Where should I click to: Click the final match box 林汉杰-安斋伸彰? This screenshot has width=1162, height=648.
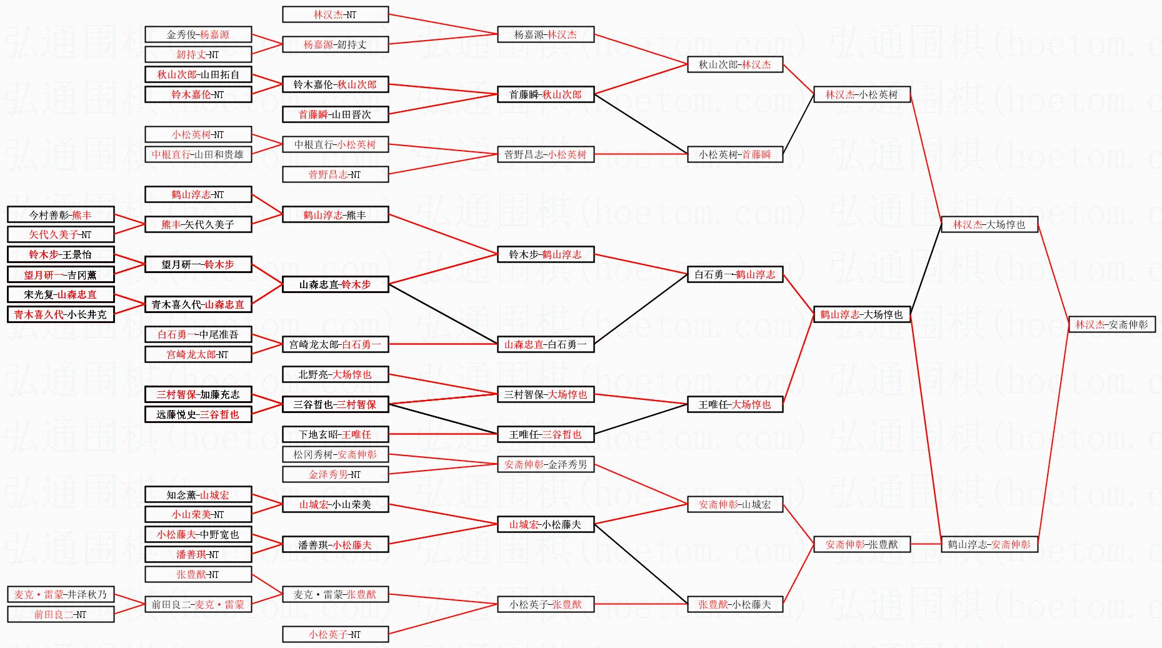coord(1111,324)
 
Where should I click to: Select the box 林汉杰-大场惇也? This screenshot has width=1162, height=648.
coord(989,224)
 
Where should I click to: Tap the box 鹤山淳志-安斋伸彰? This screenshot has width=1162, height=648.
coord(989,544)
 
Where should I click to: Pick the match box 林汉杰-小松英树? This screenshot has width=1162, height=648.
coord(861,94)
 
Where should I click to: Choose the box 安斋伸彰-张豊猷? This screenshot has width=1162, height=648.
coord(861,544)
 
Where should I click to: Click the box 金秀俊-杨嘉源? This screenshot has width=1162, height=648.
coord(198,34)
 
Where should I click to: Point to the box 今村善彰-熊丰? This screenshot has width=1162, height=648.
coord(61,215)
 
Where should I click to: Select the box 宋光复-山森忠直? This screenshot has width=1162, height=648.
coord(61,294)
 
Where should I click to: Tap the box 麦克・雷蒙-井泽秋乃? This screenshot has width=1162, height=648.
coord(61,594)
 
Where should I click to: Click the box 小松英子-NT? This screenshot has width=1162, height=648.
coord(335,634)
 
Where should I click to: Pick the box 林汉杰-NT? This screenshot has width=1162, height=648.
coord(335,14)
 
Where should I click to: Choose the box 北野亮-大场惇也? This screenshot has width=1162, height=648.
coord(335,374)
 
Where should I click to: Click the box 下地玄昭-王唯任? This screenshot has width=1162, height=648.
coord(335,434)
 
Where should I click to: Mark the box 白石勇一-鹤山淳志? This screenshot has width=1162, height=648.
coord(734,274)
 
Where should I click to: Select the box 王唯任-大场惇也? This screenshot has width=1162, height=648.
coord(734,404)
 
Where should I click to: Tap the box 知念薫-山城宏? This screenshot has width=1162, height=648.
coord(198,495)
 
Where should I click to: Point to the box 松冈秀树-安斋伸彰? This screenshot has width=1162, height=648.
coord(335,454)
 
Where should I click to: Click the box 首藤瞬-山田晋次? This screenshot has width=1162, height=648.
coord(335,114)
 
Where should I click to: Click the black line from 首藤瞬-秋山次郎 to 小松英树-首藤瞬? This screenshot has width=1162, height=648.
coord(641,124)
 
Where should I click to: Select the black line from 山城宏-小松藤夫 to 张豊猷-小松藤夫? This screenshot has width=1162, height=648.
coord(641,564)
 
